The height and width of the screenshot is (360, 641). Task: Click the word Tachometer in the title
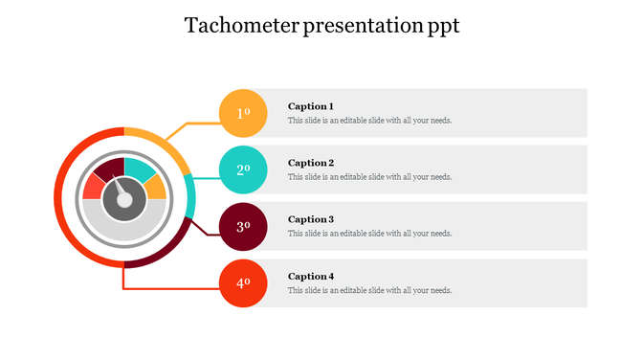(x=240, y=26)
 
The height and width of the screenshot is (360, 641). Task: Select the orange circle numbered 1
(x=243, y=113)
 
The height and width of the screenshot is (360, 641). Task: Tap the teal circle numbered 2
(x=243, y=169)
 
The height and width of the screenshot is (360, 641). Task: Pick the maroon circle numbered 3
(x=243, y=226)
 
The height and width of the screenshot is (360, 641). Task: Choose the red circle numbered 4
(x=243, y=282)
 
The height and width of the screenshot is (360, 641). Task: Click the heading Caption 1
(x=311, y=106)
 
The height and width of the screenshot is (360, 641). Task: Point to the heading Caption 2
(x=311, y=163)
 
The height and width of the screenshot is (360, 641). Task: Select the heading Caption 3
(x=311, y=219)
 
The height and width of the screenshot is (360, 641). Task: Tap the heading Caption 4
(x=311, y=276)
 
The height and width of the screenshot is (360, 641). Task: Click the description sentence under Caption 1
(x=369, y=121)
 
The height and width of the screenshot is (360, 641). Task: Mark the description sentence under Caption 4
(x=369, y=290)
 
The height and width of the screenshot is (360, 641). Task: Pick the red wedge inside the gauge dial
(x=94, y=186)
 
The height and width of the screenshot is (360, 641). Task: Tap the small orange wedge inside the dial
(x=155, y=187)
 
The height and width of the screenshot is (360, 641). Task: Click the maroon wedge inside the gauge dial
(x=110, y=170)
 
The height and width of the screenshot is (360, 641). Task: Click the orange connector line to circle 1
(x=191, y=124)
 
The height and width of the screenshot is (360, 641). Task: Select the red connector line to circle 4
(x=172, y=287)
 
